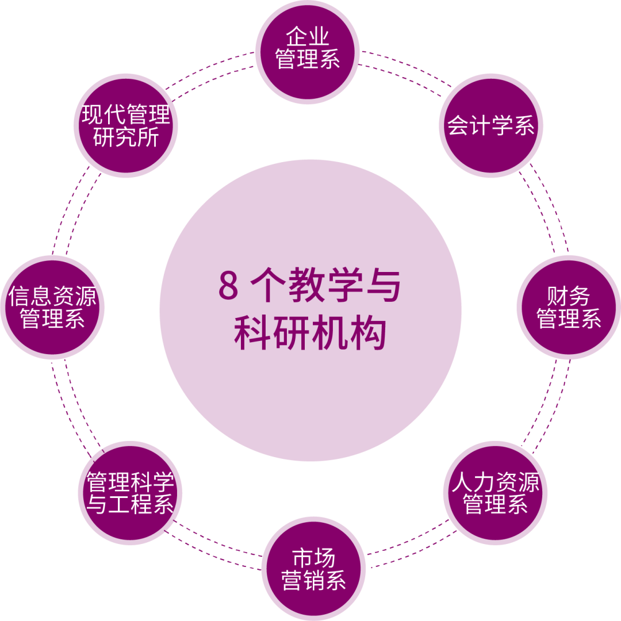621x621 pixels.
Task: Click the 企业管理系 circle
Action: point(308,52)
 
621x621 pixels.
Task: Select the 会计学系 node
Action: point(490,125)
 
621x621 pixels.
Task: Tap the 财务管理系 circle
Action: point(569,308)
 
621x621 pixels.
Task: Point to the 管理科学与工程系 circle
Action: point(130,493)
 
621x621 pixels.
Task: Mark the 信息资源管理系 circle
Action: point(52,308)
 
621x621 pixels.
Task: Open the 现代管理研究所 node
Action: point(126,125)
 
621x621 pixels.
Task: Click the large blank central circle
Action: point(310,310)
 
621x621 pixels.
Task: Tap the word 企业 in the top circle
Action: point(308,37)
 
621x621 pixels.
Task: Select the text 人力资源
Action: point(496,482)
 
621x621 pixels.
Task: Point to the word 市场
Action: point(313,558)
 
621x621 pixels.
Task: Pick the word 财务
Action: point(569,297)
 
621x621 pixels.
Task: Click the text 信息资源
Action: point(52,297)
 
